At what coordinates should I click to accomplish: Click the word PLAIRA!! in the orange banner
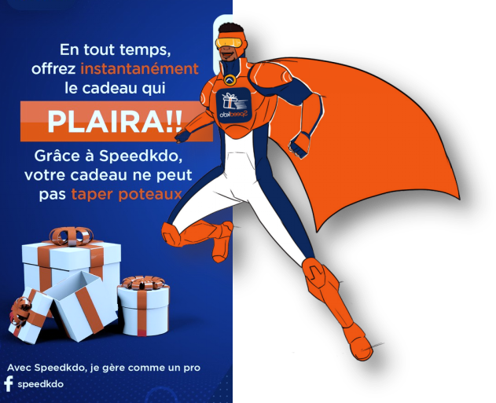point(115,122)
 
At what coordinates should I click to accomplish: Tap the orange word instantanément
point(139,68)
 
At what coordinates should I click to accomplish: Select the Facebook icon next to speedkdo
point(8,383)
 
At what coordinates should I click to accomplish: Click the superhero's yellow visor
point(231,43)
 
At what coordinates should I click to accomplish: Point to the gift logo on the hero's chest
point(233,105)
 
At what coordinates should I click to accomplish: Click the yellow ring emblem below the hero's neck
point(230,79)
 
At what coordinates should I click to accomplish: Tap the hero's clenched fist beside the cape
point(299,145)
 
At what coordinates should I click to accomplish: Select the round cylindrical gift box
point(144,306)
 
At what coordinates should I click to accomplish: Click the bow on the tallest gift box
point(72,236)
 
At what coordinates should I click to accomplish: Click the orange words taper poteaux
point(127,194)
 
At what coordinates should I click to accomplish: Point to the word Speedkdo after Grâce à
point(141,156)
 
